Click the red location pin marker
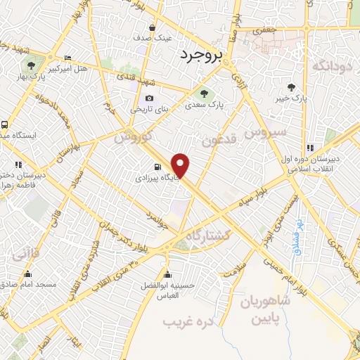pyautogui.click(x=181, y=166)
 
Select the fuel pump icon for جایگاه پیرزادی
pyautogui.click(x=157, y=167)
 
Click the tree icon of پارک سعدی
pyautogui.click(x=204, y=94)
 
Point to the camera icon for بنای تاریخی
pyautogui.click(x=148, y=98)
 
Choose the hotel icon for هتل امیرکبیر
pyautogui.click(x=67, y=58)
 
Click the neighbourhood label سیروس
pyautogui.click(x=265, y=131)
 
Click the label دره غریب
pyautogui.click(x=179, y=322)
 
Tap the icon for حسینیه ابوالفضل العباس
pyautogui.click(x=167, y=274)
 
